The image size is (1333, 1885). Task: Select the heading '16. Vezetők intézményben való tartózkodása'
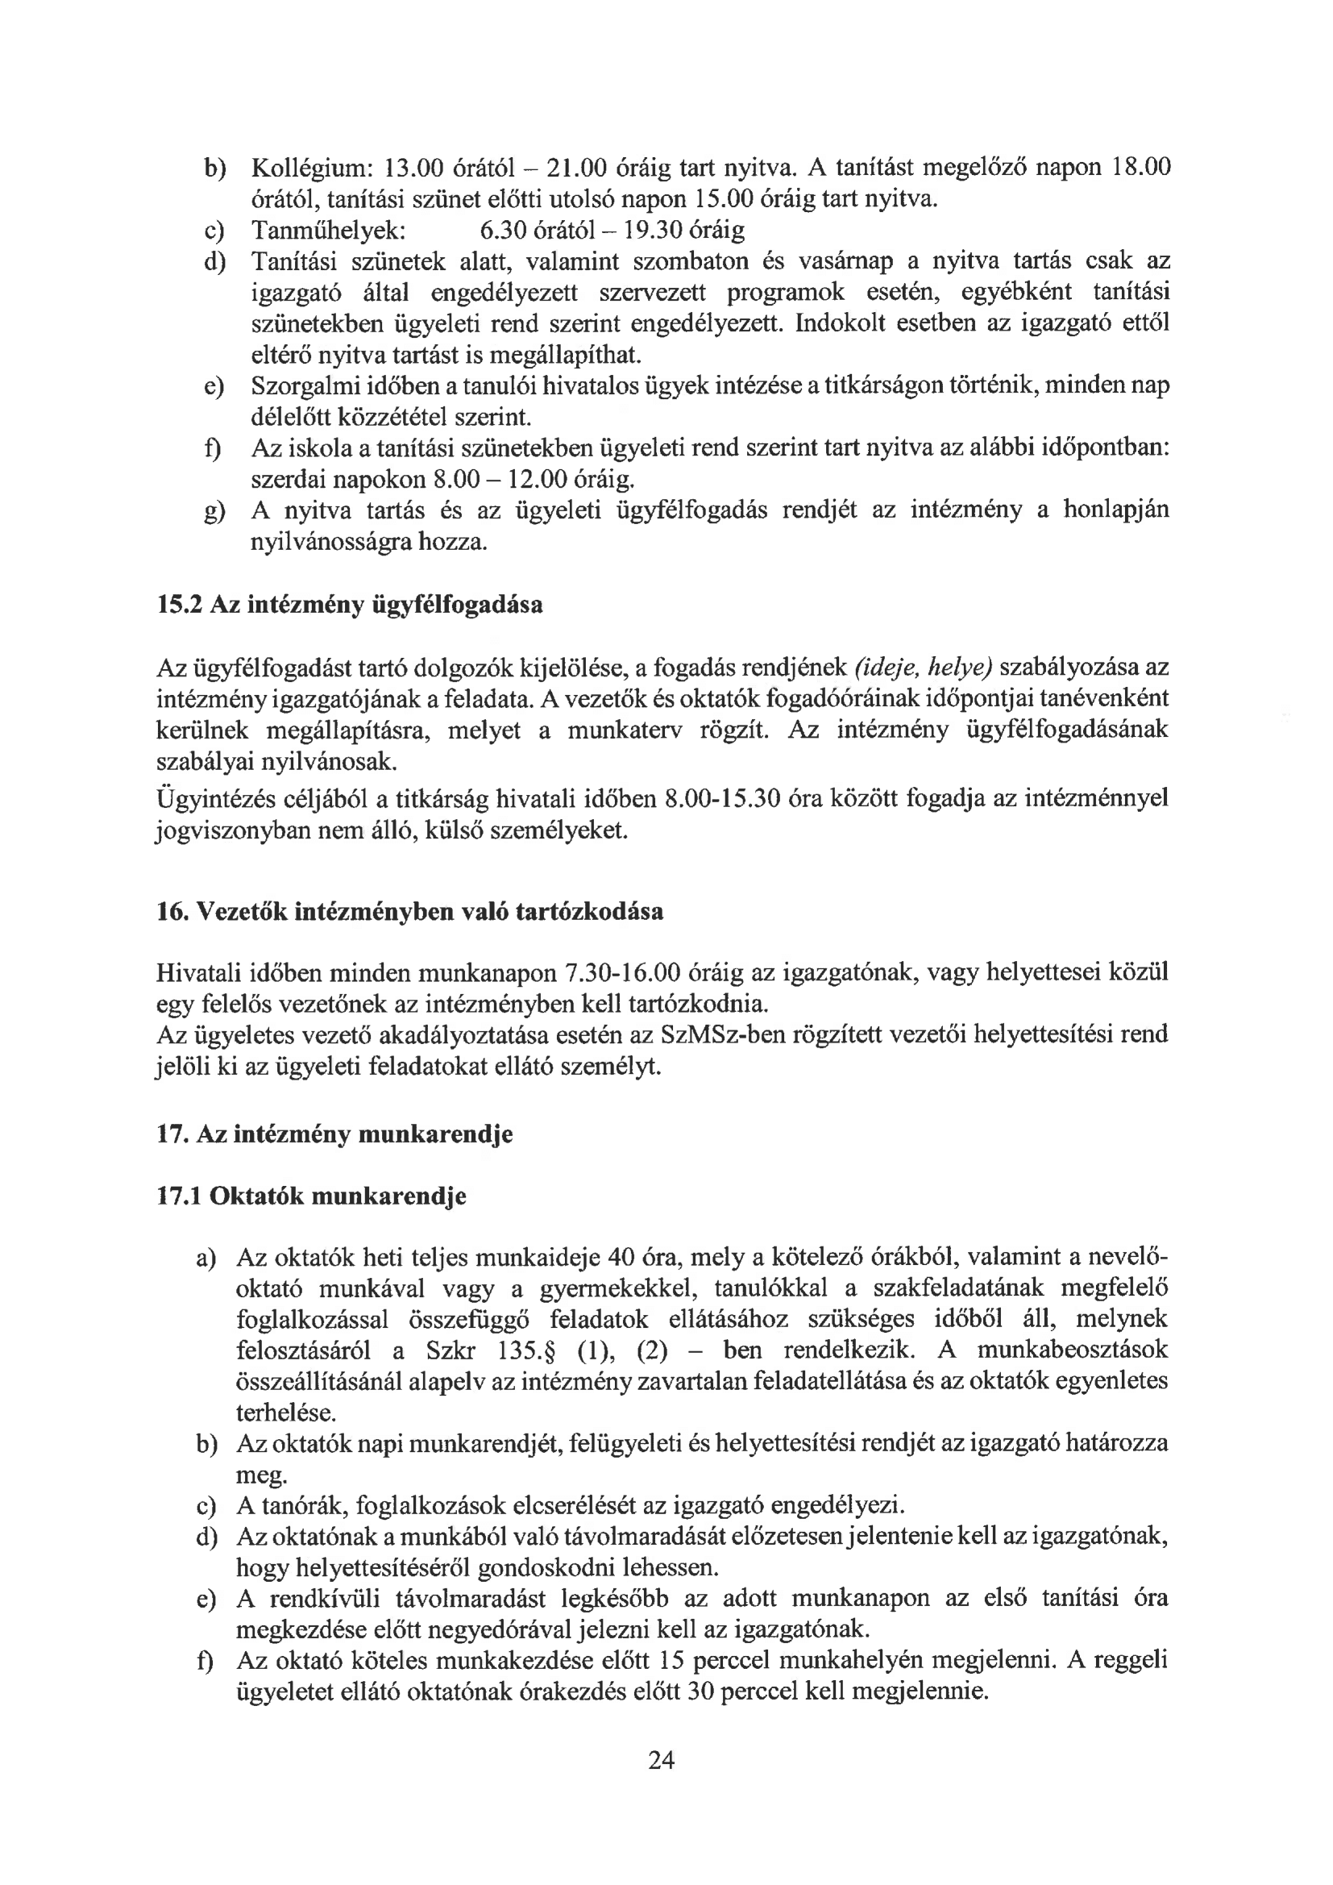click(409, 912)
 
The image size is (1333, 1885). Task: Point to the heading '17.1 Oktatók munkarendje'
click(311, 1196)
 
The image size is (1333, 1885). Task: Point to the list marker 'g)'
click(214, 512)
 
